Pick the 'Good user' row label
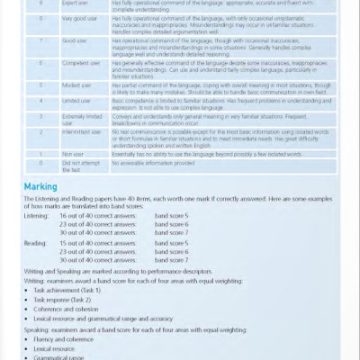coord(74,41)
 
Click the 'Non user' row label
coord(71,154)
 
